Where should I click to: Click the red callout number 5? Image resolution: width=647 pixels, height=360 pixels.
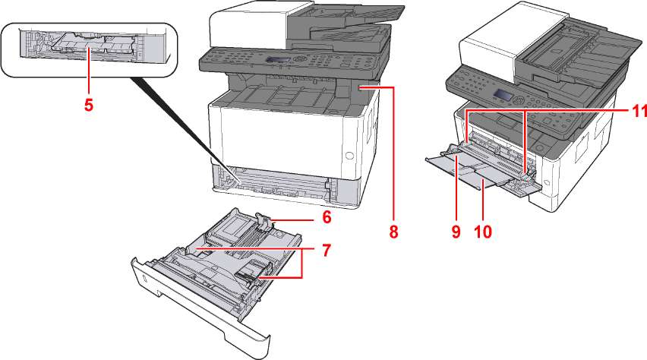pyautogui.click(x=89, y=105)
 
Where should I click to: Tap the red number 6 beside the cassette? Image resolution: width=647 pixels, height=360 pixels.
pyautogui.click(x=326, y=216)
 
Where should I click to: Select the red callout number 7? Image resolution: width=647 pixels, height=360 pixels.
pyautogui.click(x=325, y=249)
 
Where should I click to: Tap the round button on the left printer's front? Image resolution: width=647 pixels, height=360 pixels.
pyautogui.click(x=349, y=156)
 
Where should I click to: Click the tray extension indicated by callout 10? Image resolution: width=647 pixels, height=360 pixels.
pyautogui.click(x=486, y=182)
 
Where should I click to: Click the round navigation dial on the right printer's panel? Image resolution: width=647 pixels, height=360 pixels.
pyautogui.click(x=518, y=99)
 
